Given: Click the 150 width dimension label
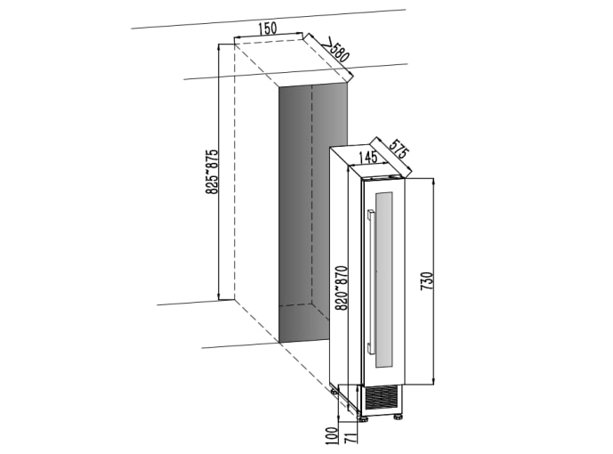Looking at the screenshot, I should pos(266,28).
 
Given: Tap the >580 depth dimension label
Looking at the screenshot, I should pos(336,52).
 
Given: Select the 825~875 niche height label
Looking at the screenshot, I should pos(212,171).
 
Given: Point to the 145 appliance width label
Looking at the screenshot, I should pos(366,158).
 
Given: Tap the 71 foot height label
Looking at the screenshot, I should pos(350,437).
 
